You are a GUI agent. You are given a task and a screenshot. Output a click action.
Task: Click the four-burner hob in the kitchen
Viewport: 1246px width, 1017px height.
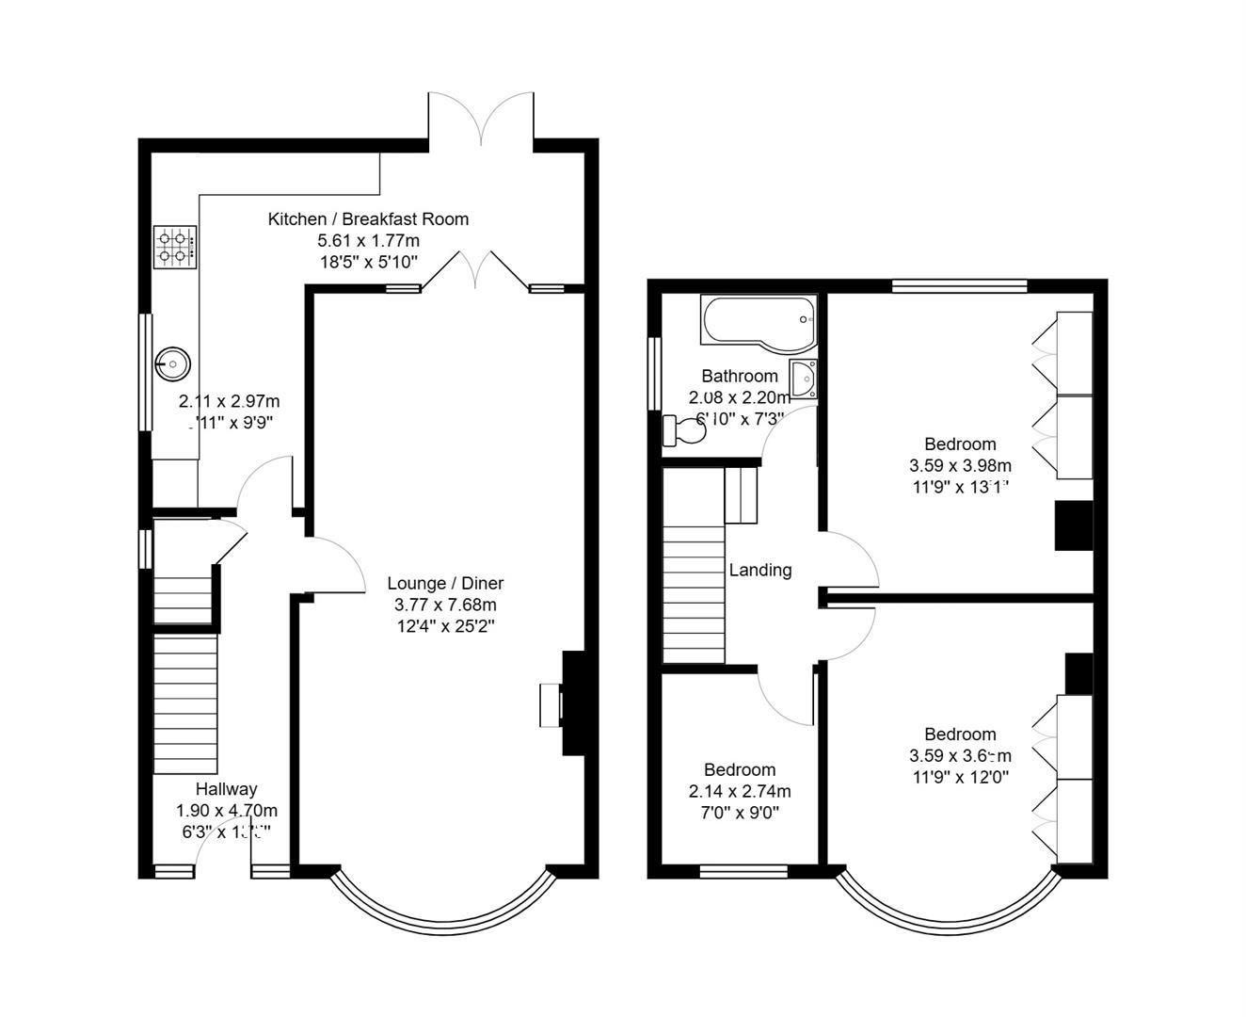[175, 247]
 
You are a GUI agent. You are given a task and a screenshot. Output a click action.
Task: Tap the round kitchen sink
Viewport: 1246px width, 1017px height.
[173, 362]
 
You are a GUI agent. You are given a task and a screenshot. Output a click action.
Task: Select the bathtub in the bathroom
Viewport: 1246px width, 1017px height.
[758, 321]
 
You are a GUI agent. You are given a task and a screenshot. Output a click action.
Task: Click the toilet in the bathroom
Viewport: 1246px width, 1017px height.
[684, 430]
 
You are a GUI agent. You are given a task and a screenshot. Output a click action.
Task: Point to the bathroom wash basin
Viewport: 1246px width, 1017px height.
[803, 378]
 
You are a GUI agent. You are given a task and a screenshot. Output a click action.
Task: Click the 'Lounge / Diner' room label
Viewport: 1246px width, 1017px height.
[445, 583]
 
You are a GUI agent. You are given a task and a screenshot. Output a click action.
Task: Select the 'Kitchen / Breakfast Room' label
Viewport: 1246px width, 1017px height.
[368, 219]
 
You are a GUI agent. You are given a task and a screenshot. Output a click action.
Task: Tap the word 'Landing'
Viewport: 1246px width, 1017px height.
[760, 570]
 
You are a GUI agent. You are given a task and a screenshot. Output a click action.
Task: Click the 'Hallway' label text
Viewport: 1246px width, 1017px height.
[226, 789]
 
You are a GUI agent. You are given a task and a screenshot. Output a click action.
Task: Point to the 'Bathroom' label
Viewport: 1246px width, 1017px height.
[740, 376]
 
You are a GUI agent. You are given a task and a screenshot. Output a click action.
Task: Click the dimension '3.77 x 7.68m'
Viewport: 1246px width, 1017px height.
[445, 605]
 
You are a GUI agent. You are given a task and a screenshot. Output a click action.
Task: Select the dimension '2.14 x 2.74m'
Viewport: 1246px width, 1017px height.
[740, 791]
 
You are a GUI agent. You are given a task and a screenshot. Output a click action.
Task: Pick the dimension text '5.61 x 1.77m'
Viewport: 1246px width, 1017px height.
[368, 240]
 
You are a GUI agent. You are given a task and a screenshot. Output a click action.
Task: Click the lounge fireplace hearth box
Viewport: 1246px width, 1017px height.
[550, 705]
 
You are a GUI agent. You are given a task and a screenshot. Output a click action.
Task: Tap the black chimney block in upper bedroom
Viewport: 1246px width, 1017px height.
[1073, 525]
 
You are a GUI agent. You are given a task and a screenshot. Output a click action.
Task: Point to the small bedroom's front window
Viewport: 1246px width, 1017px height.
[743, 871]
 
